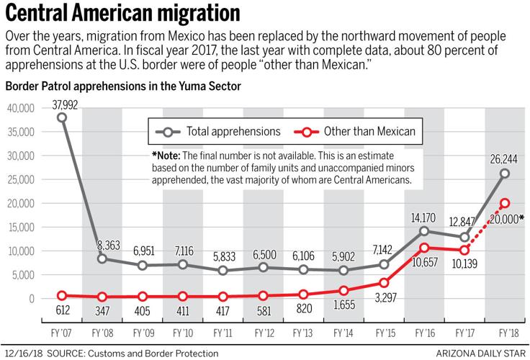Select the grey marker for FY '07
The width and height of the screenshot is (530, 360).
point(62,117)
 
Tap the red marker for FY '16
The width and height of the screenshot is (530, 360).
point(424,248)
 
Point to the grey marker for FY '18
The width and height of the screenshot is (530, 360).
point(505,174)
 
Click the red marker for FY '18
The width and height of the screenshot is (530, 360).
point(505,203)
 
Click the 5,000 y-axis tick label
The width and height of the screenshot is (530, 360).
point(22,274)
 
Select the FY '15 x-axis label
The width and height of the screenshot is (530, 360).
point(384,334)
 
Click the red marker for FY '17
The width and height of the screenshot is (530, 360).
point(464,250)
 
